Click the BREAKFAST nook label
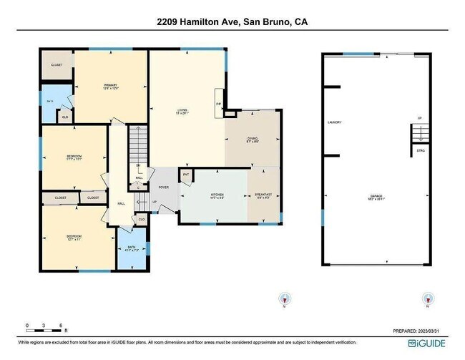click(x=264, y=195)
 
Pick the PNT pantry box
click(x=186, y=175)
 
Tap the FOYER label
click(x=163, y=188)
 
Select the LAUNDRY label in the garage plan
click(x=334, y=122)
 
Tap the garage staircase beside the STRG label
click(x=420, y=133)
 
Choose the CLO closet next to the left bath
click(x=64, y=117)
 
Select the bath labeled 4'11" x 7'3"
click(x=132, y=250)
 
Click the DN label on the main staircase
click(x=139, y=165)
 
